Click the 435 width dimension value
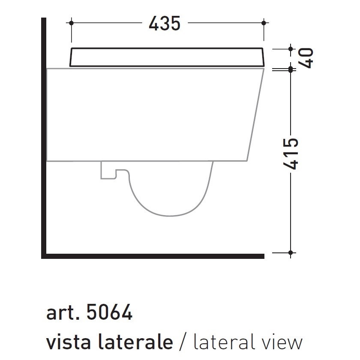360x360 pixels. click(x=165, y=24)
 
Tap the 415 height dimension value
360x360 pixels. click(x=291, y=154)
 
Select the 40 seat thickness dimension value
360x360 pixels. click(x=306, y=58)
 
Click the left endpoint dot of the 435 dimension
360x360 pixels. click(x=71, y=23)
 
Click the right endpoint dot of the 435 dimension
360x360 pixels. click(x=264, y=23)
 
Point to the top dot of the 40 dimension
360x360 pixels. click(x=291, y=49)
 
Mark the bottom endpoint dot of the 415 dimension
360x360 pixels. click(x=291, y=253)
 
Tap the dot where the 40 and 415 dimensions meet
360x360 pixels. click(x=291, y=69)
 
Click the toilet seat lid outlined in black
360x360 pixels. click(x=167, y=57)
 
